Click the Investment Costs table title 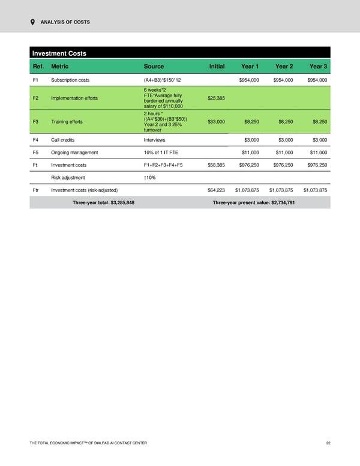pyautogui.click(x=59, y=53)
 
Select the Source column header pyautogui.click(x=154, y=66)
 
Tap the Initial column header pyautogui.click(x=217, y=66)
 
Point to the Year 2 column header pyautogui.click(x=283, y=66)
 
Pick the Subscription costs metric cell pyautogui.click(x=70, y=80)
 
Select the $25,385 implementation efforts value pyautogui.click(x=216, y=98)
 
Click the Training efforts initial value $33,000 pyautogui.click(x=216, y=122)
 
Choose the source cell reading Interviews pyautogui.click(x=155, y=139)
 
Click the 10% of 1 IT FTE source pyautogui.click(x=161, y=152)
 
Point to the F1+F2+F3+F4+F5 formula pyautogui.click(x=164, y=165)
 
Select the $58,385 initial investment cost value pyautogui.click(x=216, y=165)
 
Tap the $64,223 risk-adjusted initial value pyautogui.click(x=216, y=190)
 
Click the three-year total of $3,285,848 pyautogui.click(x=103, y=202)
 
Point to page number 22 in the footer pyautogui.click(x=328, y=443)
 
